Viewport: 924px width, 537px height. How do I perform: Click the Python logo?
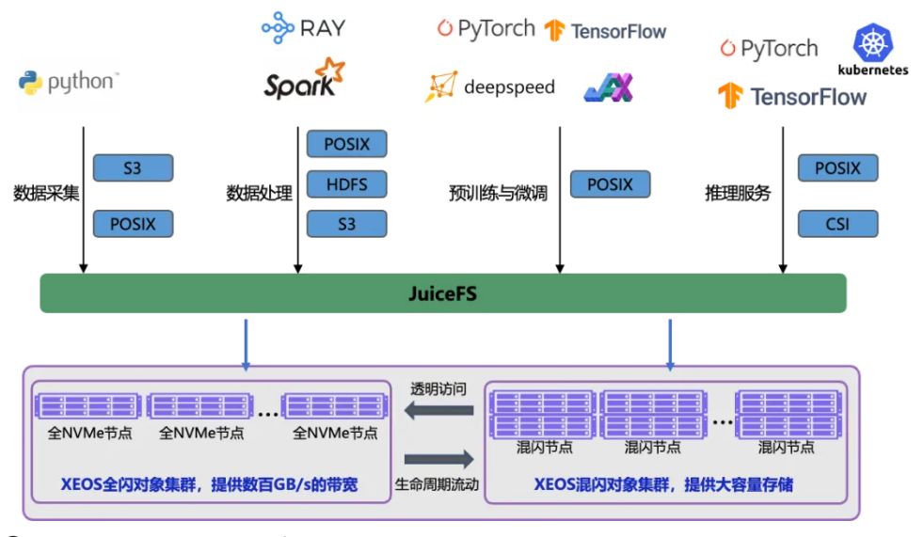67,83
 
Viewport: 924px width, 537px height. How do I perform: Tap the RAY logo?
303,28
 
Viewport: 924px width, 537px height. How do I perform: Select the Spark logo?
303,79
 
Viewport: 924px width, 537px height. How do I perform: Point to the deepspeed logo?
489,87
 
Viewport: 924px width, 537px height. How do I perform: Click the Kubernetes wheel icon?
872,44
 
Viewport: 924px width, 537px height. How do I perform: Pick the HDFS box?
346,184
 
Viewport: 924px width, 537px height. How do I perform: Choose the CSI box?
836,224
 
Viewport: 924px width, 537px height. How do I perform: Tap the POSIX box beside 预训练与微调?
610,184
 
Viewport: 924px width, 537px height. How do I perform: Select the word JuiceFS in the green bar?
443,293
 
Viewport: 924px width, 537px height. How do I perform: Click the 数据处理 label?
259,194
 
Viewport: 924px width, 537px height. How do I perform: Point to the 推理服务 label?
738,194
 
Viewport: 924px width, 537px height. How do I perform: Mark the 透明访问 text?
438,387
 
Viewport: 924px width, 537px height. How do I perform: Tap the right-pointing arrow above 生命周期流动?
438,459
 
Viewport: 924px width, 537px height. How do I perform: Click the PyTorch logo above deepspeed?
486,29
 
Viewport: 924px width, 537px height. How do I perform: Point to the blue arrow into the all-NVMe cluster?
246,343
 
